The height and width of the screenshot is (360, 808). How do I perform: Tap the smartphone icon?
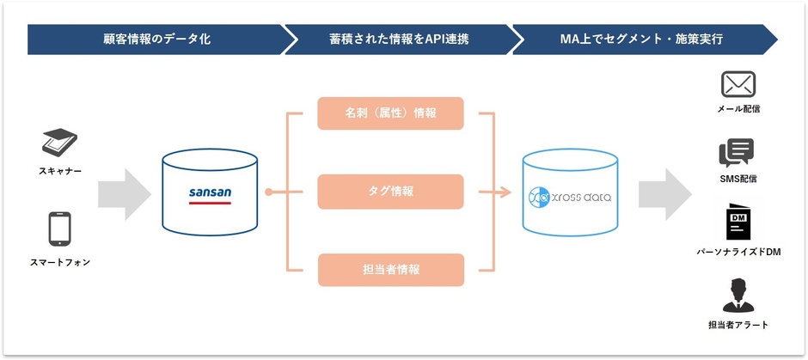click(59, 229)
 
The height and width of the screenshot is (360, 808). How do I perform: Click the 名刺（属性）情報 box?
click(390, 113)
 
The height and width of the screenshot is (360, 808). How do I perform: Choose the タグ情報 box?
click(390, 191)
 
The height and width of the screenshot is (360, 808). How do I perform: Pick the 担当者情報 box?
click(390, 269)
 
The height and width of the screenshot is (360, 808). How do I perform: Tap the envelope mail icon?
click(738, 84)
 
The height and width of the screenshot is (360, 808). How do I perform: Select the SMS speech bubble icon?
click(737, 153)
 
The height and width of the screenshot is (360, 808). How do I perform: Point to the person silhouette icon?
click(738, 296)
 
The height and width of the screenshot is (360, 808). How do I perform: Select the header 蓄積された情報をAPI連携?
click(399, 40)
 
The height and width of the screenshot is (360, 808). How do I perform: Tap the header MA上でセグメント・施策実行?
click(641, 40)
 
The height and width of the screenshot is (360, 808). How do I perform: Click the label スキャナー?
click(60, 171)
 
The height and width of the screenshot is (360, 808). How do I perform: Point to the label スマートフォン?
click(60, 262)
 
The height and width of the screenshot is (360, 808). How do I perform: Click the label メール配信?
click(738, 109)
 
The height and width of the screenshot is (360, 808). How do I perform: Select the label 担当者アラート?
click(738, 325)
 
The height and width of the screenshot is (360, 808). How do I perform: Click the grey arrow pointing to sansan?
click(124, 194)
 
